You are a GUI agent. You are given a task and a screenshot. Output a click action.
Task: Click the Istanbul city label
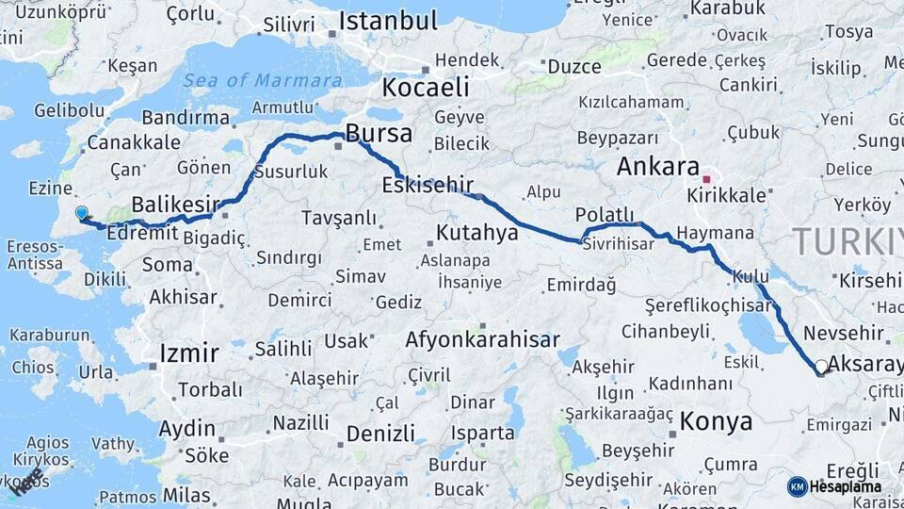coord(388,21)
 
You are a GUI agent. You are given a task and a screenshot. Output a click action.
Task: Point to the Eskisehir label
coord(428,184)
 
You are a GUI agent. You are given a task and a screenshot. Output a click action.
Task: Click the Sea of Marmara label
coord(262,80)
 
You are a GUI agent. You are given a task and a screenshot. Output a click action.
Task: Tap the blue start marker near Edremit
coord(82,214)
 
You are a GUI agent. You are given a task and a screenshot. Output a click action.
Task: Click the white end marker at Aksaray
coord(822,367)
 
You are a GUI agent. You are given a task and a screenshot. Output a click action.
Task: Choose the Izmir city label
coord(189,354)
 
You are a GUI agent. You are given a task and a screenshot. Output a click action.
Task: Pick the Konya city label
coord(716,420)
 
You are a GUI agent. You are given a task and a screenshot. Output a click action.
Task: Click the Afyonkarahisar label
coord(482,339)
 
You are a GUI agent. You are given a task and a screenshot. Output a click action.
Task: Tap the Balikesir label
coord(175,205)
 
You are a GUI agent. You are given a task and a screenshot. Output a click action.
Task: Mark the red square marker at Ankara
coord(706,178)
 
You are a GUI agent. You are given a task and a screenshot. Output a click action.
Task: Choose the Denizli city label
coord(380,434)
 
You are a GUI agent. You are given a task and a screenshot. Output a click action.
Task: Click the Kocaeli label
coord(425,89)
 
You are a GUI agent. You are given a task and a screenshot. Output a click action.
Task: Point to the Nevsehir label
coord(844,333)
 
